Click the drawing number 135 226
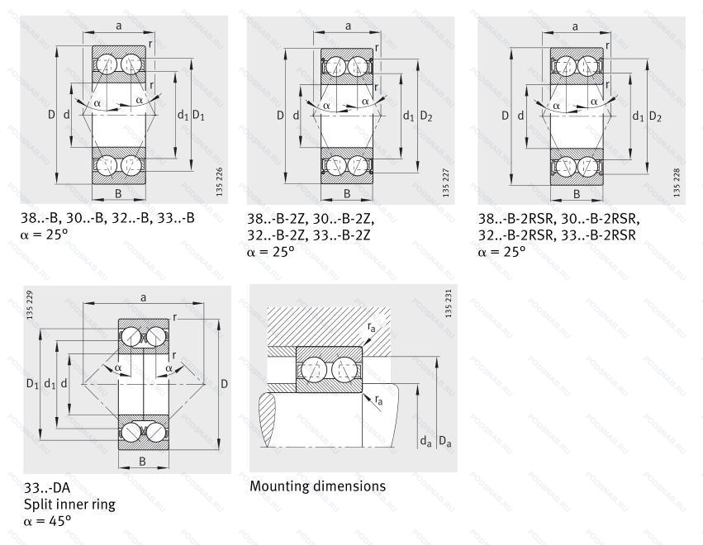[x=219, y=180]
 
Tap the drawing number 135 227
[x=445, y=182]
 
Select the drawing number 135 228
[x=677, y=182]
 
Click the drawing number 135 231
[x=449, y=304]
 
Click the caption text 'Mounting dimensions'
[x=317, y=486]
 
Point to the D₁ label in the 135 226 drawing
[x=198, y=116]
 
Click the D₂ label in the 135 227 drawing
[x=425, y=116]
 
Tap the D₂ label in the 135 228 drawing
[x=655, y=116]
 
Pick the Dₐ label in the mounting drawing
[x=446, y=443]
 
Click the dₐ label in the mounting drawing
[x=425, y=443]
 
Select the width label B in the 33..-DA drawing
[x=142, y=462]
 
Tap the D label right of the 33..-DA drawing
[x=224, y=383]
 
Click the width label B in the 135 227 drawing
[x=347, y=194]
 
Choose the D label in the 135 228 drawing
[x=505, y=116]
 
